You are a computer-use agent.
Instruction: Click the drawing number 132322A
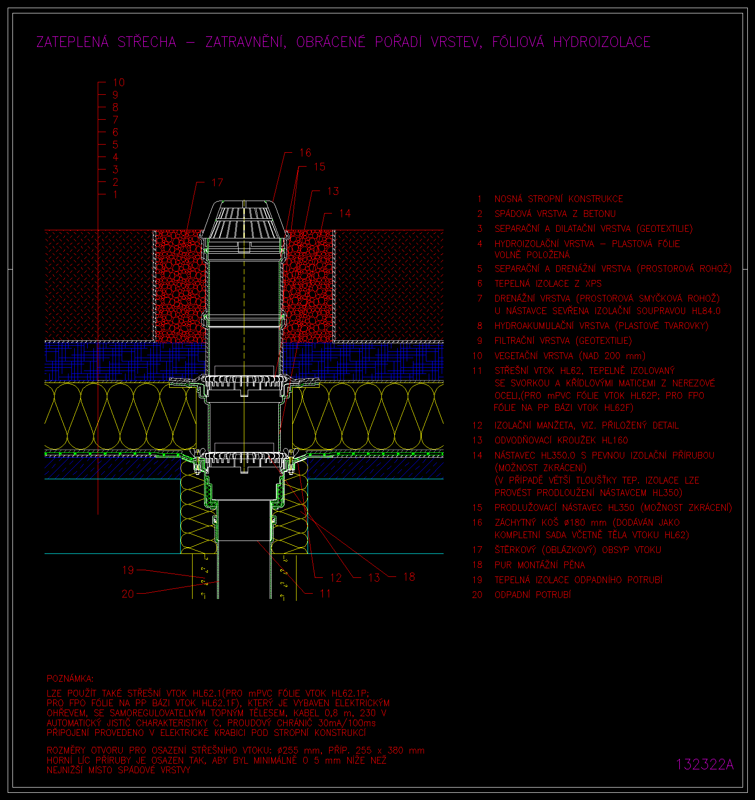705,764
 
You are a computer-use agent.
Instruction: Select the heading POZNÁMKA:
70,678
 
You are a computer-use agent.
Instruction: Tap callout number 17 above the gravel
217,182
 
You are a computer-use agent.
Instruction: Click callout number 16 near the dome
305,153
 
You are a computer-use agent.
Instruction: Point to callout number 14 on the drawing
344,214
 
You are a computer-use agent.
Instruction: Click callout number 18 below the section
409,577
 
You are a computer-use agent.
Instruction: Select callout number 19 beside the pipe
128,570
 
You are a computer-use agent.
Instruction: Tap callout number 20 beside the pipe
128,594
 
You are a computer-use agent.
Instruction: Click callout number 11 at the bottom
325,594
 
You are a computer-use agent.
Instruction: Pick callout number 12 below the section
336,578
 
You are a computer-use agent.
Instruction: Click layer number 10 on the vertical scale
119,82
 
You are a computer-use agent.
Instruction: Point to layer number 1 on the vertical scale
115,194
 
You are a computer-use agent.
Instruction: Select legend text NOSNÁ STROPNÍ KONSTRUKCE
559,199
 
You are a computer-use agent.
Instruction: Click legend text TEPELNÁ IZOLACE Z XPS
548,283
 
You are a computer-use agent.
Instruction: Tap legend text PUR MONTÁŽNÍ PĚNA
540,565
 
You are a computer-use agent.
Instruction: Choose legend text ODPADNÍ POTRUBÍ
533,595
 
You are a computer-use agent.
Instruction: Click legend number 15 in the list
477,507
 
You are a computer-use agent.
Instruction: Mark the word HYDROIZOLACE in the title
602,42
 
